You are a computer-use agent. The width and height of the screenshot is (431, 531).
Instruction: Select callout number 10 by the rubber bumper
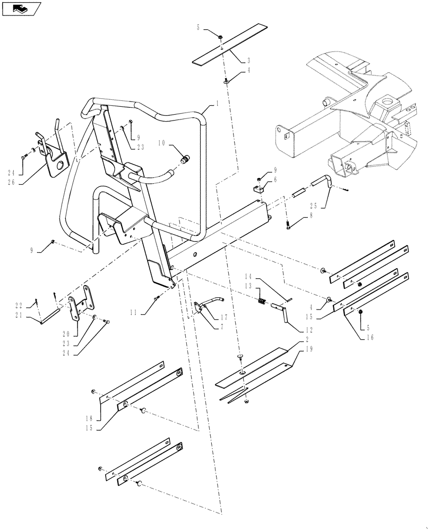pos(160,142)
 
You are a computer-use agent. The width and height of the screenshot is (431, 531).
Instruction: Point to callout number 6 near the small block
pos(275,180)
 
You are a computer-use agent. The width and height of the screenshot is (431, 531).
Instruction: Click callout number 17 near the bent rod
pos(223,318)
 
